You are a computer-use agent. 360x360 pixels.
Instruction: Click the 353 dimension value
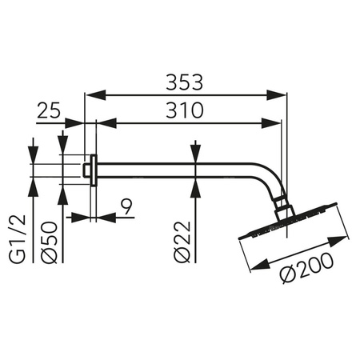coord(186,82)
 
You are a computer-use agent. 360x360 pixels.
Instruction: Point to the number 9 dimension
coord(127,209)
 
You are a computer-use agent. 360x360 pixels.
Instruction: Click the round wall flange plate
coord(94,169)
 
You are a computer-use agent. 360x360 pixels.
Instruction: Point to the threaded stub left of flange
coord(86,169)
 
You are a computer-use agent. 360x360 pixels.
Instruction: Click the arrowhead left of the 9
coord(74,216)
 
